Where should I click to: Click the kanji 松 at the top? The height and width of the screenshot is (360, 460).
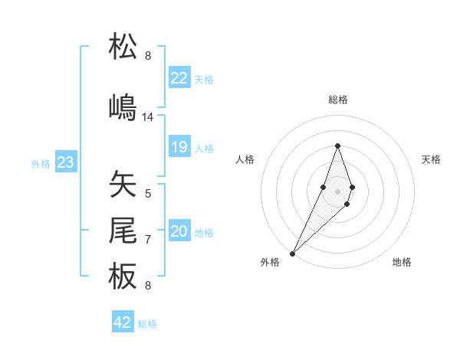[123, 47]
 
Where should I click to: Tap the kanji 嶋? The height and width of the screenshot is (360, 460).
[123, 107]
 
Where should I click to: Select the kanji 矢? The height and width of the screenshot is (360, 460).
[123, 184]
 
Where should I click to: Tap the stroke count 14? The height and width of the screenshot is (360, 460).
[148, 117]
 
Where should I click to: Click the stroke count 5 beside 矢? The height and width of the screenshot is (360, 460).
[148, 194]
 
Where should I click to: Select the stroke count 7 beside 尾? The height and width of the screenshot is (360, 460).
[148, 240]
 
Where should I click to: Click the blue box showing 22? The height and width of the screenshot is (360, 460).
[179, 78]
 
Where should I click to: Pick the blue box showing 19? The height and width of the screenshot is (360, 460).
[179, 147]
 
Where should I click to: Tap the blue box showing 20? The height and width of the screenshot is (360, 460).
[179, 231]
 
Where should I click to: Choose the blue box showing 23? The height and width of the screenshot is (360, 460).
[65, 162]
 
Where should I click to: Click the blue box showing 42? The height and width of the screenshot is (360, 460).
[123, 322]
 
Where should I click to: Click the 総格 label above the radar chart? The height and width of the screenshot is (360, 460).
[338, 100]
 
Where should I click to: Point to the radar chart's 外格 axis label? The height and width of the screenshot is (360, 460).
[270, 262]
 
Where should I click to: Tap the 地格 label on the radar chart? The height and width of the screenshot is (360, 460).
[402, 262]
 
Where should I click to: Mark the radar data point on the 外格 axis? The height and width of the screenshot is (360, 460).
[293, 252]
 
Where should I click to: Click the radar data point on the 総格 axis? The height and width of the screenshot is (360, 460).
[337, 146]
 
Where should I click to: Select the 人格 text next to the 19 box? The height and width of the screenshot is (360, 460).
[204, 148]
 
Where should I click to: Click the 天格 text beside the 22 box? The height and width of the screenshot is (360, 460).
[204, 79]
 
